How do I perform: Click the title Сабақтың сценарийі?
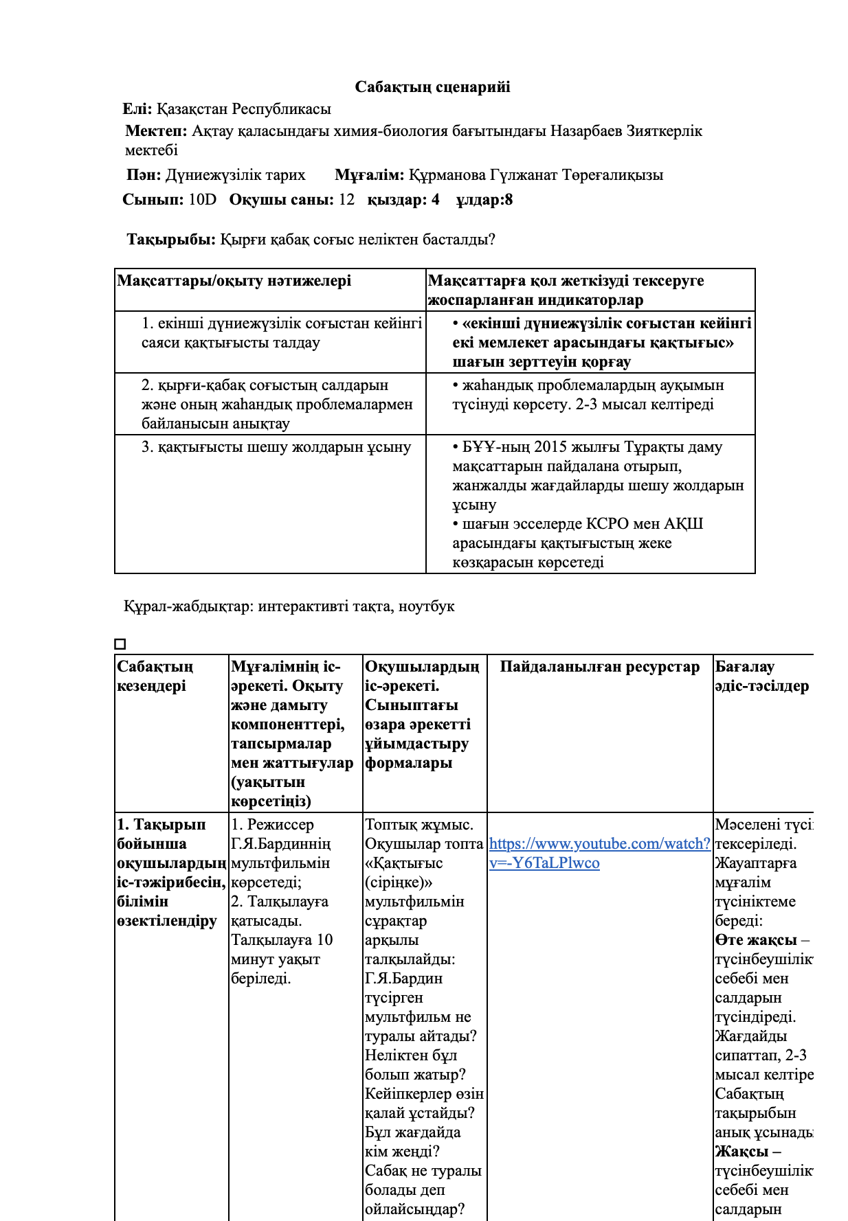[432, 87]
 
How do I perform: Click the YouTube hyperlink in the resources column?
[599, 854]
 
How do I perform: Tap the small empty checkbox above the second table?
[120, 644]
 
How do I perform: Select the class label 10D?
[202, 200]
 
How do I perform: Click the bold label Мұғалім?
[369, 175]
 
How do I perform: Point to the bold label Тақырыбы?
[171, 240]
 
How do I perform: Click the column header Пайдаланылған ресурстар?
[599, 667]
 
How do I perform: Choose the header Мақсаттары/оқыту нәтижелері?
[234, 281]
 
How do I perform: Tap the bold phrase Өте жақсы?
[755, 940]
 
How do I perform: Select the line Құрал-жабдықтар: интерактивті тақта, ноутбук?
[289, 606]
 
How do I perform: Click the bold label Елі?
[137, 109]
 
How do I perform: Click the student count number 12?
[346, 200]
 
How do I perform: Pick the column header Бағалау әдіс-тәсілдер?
[761, 676]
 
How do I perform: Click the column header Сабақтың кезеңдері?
[155, 676]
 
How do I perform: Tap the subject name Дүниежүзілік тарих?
[235, 175]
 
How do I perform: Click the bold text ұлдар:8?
[484, 200]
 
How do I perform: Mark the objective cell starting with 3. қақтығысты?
[276, 448]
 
